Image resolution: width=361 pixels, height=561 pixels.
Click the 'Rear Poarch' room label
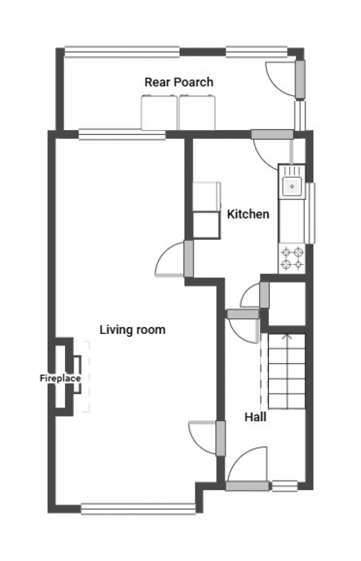179,82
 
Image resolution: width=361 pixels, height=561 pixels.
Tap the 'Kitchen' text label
248,214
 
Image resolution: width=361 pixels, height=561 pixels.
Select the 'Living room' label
132,329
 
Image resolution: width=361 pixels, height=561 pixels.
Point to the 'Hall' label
255,417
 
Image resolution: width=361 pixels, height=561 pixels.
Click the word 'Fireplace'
60,378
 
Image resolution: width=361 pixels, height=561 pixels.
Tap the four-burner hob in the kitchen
292,258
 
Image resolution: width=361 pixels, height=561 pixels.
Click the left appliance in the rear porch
159,112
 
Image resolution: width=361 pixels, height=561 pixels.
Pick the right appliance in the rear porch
197,112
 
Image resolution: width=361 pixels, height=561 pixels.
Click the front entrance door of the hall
248,486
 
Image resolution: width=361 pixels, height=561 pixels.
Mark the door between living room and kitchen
188,258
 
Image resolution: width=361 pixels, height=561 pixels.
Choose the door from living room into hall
221,438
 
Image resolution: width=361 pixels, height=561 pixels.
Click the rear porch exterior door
300,79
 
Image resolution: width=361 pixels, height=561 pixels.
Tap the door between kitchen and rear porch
272,134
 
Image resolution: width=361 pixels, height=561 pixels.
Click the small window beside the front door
284,486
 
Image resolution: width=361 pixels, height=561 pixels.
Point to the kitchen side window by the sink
310,213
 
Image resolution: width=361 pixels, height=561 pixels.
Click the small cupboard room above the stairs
287,303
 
